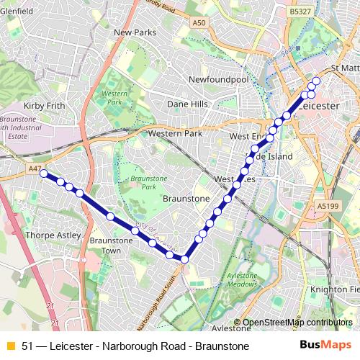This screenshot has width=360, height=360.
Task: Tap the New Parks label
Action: pos(135,32)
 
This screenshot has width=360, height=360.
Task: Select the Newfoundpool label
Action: pos(217,79)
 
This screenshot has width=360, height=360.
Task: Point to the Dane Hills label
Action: pos(187,104)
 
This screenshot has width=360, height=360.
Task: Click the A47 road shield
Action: pos(35,168)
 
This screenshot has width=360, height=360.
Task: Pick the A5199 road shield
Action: pos(327,206)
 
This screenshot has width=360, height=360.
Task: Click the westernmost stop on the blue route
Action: pos(44,174)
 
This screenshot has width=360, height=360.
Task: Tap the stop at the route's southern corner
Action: pos(184,259)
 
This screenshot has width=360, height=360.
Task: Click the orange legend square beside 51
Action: pos(10,346)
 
